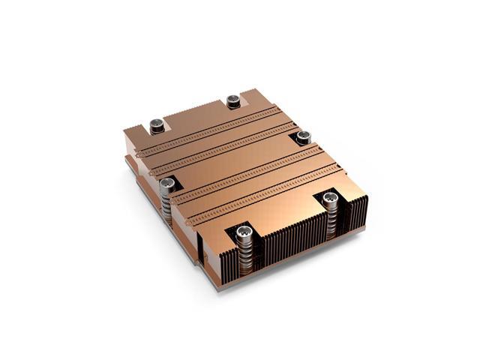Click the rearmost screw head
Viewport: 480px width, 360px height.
pos(232,100)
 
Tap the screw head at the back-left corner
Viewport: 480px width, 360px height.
pos(157,125)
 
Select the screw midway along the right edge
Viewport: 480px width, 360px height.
pos(304,136)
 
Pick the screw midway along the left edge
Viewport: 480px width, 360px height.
pos(169,182)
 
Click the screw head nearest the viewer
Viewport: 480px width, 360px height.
pos(242,233)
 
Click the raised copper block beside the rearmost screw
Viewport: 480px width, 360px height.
pos(251,101)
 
